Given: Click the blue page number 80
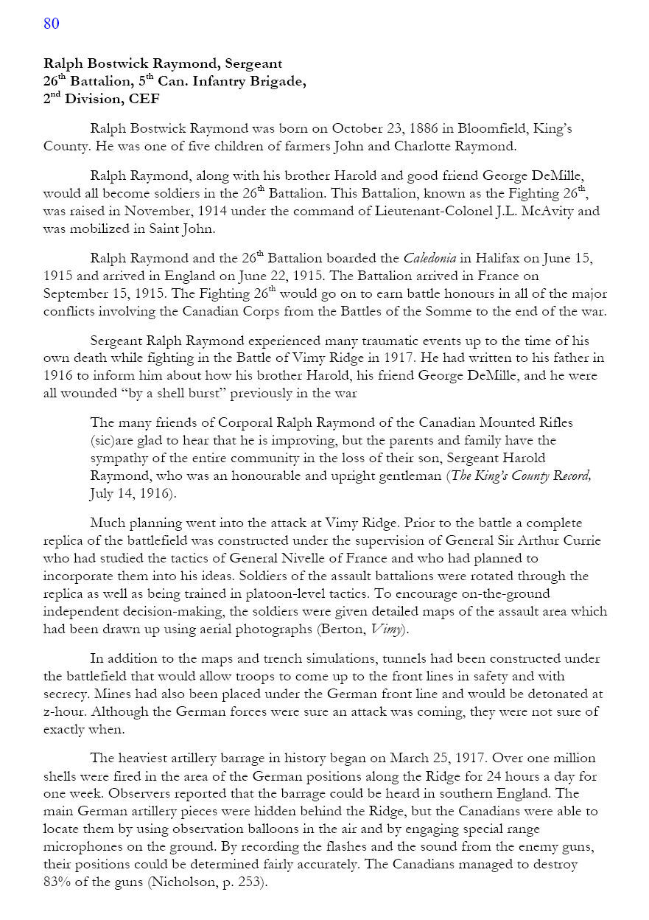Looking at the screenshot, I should click(x=51, y=24).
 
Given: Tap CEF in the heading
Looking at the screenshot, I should click(x=143, y=100).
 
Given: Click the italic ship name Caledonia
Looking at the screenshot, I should click(x=431, y=259).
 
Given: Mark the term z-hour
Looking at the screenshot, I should click(x=64, y=712).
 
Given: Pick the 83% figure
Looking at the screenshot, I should click(x=57, y=882).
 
